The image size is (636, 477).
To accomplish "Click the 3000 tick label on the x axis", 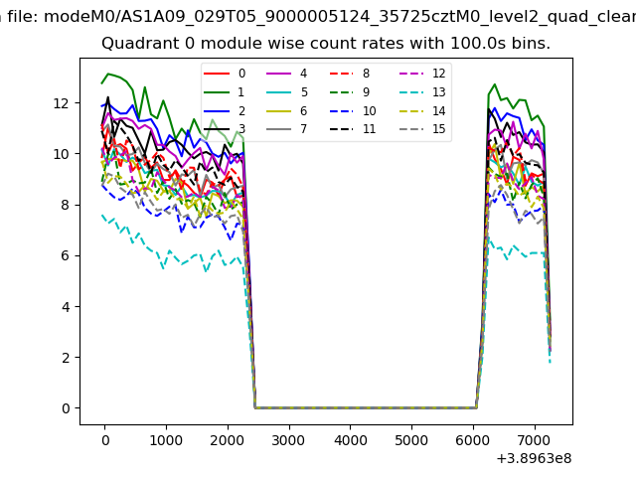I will point(288,439).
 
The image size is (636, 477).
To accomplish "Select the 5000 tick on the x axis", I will point(411,439).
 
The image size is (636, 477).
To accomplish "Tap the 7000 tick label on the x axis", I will point(535,439).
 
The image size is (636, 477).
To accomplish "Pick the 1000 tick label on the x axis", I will point(166,439).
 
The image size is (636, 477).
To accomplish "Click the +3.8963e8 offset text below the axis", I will point(532,458).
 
